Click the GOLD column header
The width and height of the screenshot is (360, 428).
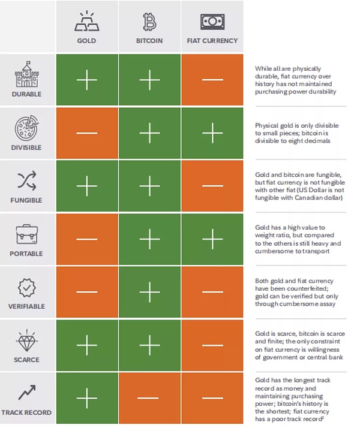(87, 41)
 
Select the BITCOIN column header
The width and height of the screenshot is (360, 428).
(149, 41)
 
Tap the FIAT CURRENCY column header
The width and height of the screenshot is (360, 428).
(212, 41)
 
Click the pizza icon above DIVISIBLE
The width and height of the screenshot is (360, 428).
(26, 128)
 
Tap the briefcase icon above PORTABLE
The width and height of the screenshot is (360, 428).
(26, 234)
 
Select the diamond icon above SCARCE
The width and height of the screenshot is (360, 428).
(26, 340)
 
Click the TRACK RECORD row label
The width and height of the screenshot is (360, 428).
(26, 412)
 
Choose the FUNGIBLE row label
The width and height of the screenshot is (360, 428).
(26, 200)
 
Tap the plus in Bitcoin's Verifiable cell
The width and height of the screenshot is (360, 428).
(149, 293)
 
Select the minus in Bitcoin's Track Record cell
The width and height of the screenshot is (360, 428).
(149, 398)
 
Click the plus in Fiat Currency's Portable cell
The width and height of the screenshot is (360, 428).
(212, 240)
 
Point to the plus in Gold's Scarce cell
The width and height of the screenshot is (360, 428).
(87, 345)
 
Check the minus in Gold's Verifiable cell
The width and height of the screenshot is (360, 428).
(87, 293)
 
